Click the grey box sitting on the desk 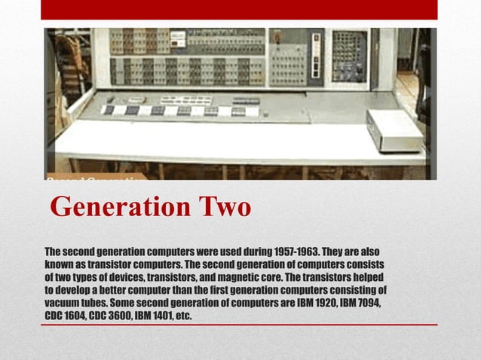point(394,130)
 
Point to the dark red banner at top point(239,9)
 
